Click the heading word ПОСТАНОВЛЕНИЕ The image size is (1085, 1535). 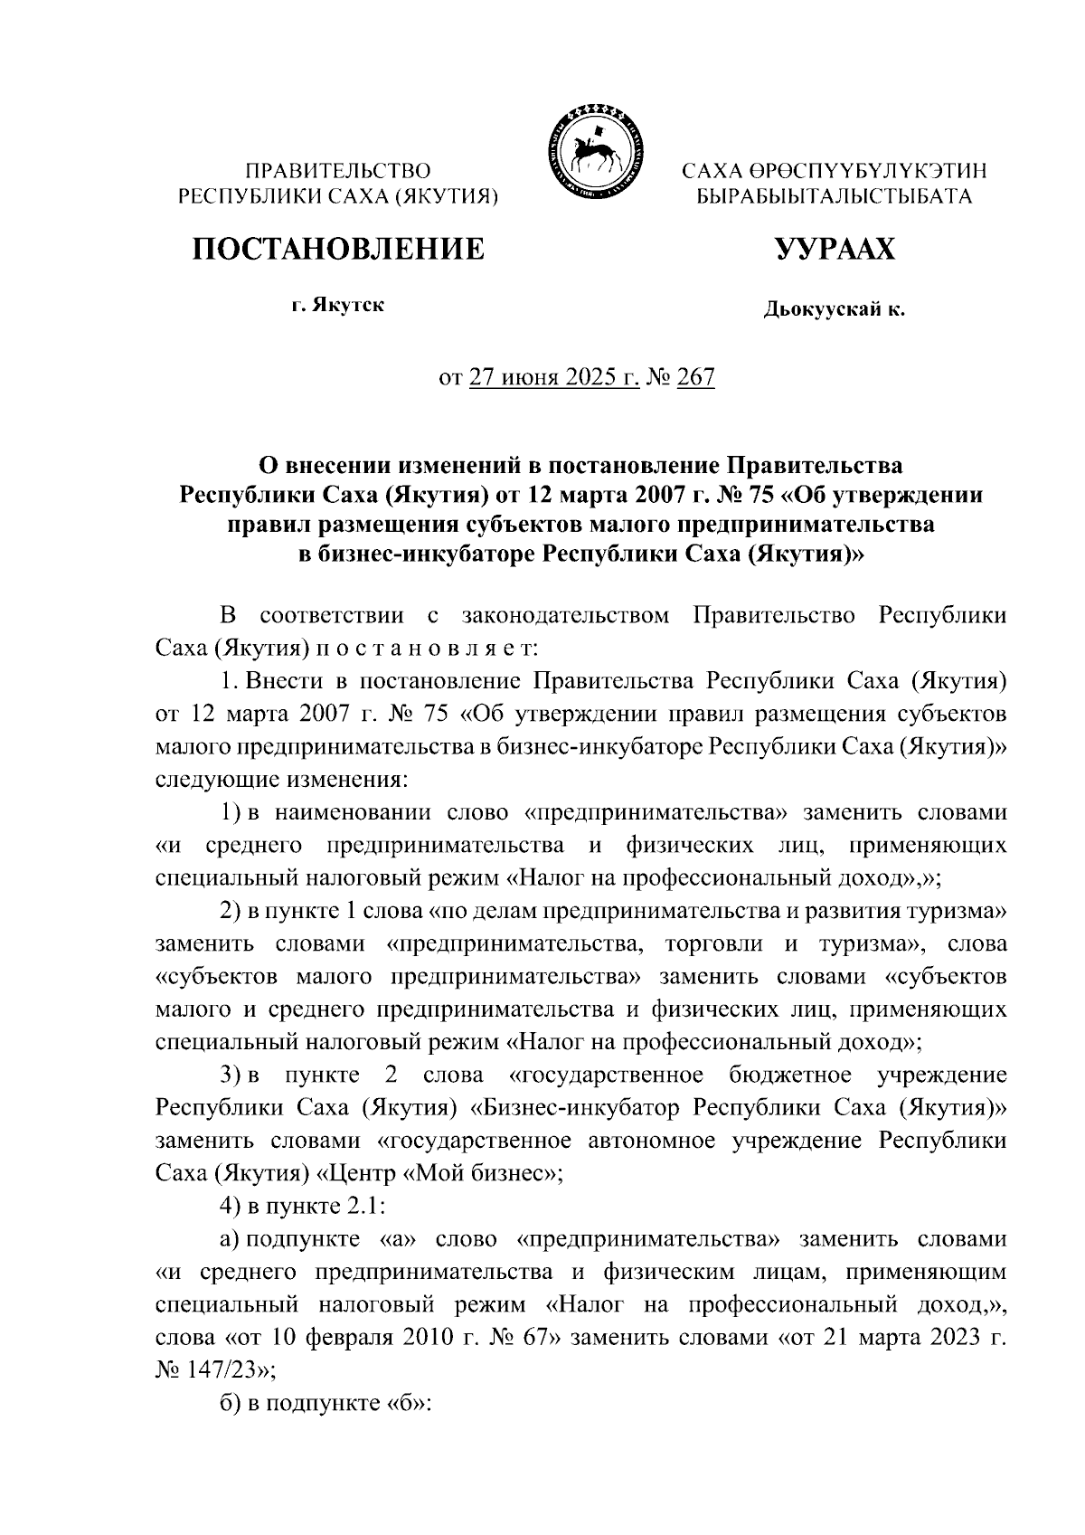(x=337, y=249)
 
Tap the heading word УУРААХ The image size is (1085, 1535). (x=834, y=249)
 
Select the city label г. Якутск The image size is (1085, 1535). (x=337, y=305)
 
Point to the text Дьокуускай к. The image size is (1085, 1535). (x=834, y=310)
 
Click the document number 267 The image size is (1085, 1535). (x=695, y=377)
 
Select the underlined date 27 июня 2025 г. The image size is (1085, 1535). (x=553, y=377)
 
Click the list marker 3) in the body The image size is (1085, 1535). (x=232, y=1075)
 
